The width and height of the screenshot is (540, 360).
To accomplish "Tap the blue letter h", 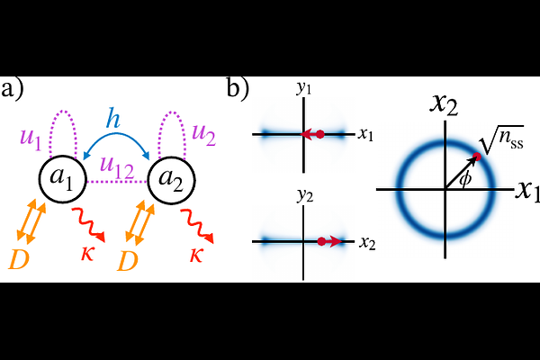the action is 113,119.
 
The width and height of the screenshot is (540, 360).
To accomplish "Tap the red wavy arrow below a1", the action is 88,225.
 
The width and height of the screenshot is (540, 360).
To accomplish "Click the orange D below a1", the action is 19,259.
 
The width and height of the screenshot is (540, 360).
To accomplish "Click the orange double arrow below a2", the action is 139,222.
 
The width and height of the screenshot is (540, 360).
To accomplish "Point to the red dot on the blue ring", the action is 477,157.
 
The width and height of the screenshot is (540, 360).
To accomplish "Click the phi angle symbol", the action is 465,179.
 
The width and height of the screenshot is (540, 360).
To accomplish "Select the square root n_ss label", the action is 503,139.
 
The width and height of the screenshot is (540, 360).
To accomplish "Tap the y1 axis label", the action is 304,88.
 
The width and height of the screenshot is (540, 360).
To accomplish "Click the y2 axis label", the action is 305,195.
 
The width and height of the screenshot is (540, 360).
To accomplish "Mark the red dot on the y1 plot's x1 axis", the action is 320,134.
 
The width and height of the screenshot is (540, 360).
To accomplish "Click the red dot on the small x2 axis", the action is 321,241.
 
